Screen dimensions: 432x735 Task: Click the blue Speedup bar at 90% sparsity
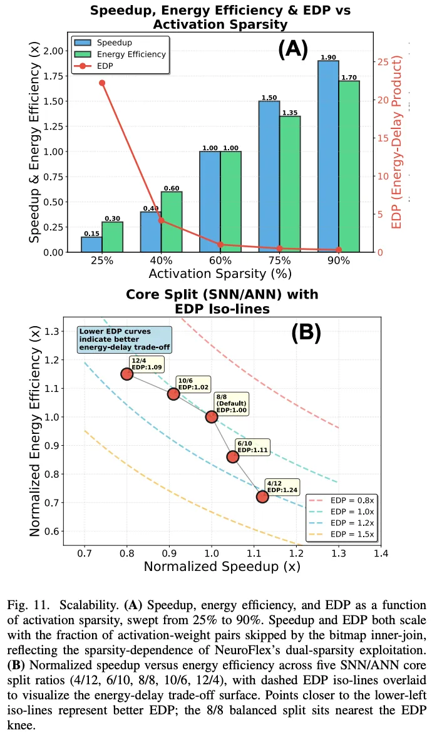tap(329, 156)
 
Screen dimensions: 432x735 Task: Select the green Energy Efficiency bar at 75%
tap(291, 184)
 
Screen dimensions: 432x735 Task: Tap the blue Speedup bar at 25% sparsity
tap(91, 244)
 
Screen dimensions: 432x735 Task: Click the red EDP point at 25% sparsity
tap(102, 83)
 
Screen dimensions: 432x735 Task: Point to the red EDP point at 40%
tap(161, 220)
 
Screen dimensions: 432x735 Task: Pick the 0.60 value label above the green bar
tap(172, 188)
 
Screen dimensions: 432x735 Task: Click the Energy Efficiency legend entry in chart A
tap(120, 54)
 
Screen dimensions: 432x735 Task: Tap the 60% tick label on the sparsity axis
tap(220, 260)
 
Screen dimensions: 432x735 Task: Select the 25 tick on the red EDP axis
tap(383, 62)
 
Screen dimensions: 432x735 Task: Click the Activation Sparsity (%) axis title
tap(220, 274)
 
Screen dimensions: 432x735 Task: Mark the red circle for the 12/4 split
tap(126, 374)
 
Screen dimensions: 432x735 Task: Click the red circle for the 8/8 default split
tap(212, 417)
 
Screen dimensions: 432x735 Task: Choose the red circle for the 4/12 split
tap(262, 496)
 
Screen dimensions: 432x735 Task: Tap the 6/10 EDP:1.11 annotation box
tap(252, 447)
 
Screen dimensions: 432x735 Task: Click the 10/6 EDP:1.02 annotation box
tap(193, 384)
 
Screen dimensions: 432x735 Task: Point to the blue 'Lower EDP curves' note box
tap(125, 339)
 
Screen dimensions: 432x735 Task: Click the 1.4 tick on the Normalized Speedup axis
tap(381, 553)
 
